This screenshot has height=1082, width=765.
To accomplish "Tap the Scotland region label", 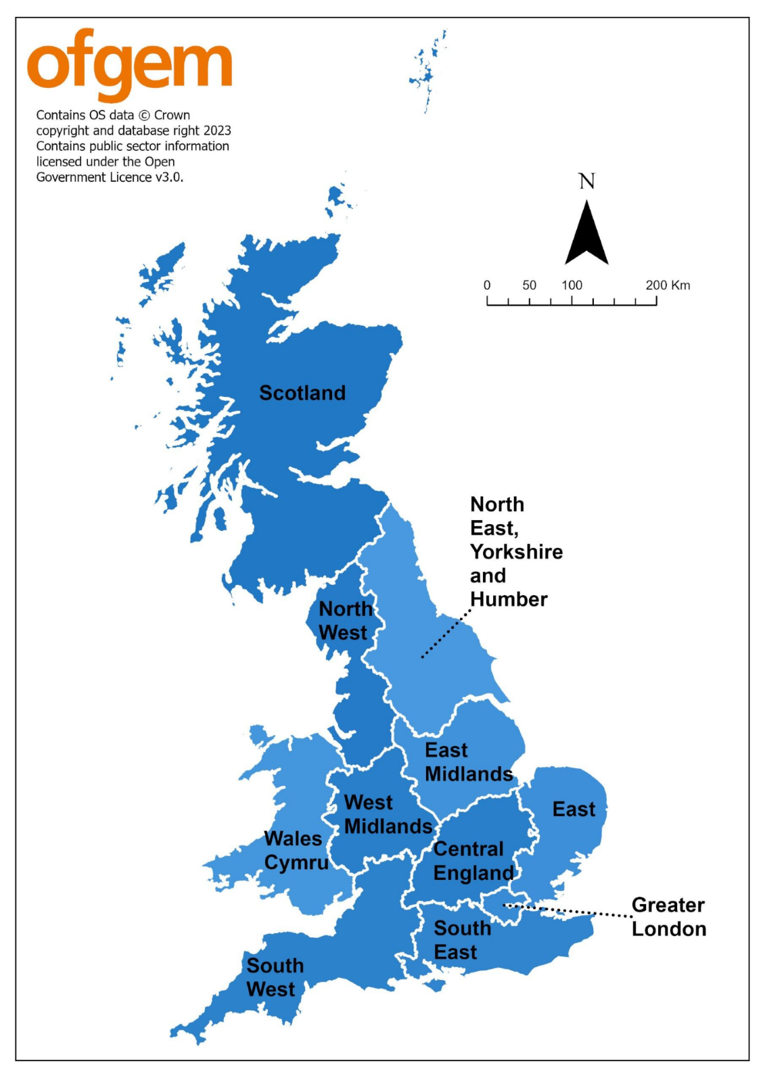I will [302, 393].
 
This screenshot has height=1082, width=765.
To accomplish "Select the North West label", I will [344, 621].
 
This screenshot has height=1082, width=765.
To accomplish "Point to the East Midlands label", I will [468, 762].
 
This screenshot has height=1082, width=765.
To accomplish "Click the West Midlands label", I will [387, 814].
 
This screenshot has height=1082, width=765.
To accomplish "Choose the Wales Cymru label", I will [296, 851].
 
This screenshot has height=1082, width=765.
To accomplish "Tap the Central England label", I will [473, 861].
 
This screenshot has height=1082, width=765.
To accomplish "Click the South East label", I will [461, 940].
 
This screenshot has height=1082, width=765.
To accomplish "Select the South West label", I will [274, 977].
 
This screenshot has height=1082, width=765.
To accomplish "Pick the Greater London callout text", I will [668, 917].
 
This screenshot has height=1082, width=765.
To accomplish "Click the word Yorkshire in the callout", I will [516, 552].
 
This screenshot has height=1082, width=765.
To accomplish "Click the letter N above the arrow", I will [586, 181].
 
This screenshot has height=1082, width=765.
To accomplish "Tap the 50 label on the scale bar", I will [529, 285].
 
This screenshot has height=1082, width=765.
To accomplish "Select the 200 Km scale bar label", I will [667, 285].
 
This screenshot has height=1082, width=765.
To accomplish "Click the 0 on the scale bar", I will [486, 285].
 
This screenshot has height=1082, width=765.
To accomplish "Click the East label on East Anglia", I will [574, 809].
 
